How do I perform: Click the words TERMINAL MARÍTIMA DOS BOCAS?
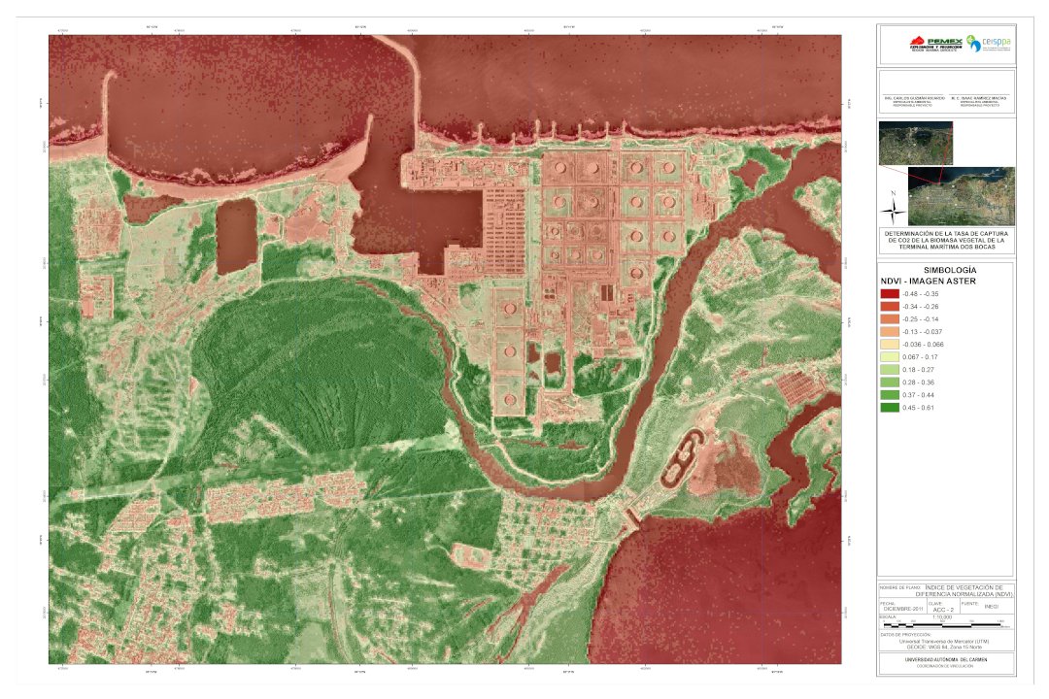[x=946, y=249]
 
